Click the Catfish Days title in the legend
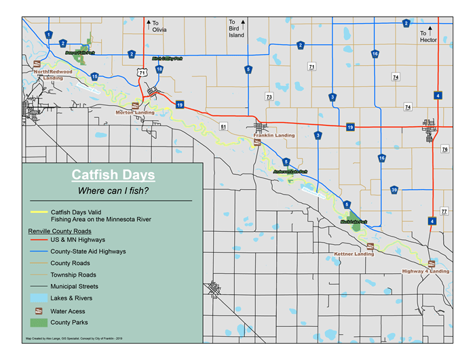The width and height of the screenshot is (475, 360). coord(113,176)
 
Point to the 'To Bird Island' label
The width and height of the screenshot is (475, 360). coord(236,26)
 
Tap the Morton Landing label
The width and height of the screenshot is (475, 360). coord(134,113)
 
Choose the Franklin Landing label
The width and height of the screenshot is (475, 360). coord(273,136)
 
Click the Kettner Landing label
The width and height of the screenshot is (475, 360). coord(354,254)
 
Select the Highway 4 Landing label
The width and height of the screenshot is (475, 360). coord(425,271)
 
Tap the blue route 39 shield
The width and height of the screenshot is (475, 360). coord(394,190)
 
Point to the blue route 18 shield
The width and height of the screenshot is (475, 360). coord(159,69)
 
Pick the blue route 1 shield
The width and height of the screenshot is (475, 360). coord(49,35)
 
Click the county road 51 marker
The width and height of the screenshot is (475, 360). coord(223,126)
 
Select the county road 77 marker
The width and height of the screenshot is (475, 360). coord(444,212)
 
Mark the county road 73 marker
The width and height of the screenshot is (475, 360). coord(269,97)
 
